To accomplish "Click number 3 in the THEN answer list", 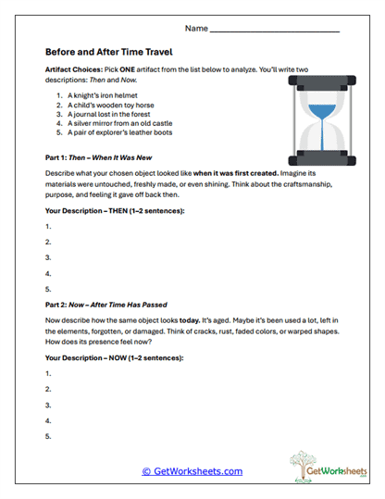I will tap(47, 256).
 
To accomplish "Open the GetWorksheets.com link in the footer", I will tap(192, 471).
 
